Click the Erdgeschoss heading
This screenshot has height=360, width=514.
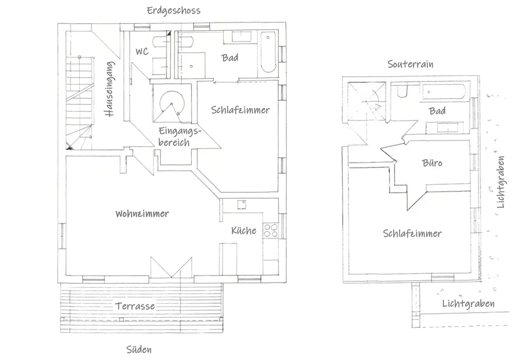coord(173,10)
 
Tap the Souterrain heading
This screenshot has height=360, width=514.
coord(410,64)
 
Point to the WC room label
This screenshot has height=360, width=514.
coord(142,51)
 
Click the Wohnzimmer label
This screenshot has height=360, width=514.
coord(142,213)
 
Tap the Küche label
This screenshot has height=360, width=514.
coord(243,230)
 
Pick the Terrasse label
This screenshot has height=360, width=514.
coord(135,306)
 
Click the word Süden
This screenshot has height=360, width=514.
coord(139,350)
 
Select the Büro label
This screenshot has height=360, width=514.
coord(432,163)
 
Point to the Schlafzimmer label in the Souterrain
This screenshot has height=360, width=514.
coord(412,233)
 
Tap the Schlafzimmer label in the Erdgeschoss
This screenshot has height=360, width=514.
coord(240,110)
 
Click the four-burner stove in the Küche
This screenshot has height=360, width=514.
coord(271,231)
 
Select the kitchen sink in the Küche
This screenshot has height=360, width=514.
coord(241,205)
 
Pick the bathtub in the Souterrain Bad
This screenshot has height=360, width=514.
coord(444,93)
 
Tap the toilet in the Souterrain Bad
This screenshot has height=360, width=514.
coord(402,92)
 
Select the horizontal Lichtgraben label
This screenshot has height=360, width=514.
coord(468,304)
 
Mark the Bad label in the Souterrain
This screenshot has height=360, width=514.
coord(437,111)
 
